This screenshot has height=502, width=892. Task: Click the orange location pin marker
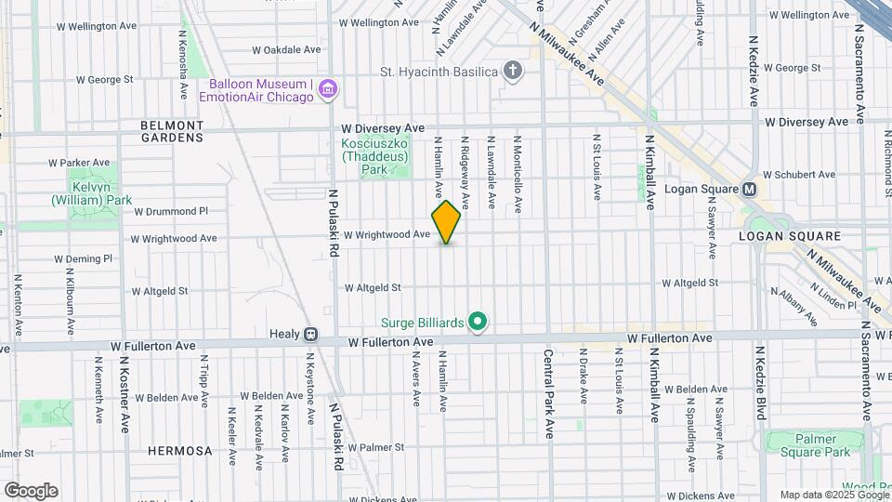(446, 221)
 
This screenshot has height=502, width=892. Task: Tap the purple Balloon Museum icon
(326, 89)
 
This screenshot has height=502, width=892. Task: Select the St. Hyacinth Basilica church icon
(512, 71)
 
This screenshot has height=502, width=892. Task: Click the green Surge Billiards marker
(478, 323)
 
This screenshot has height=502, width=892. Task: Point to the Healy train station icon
(311, 334)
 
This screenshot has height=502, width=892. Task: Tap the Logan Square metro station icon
(750, 189)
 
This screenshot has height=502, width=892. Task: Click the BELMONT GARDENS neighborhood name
(171, 130)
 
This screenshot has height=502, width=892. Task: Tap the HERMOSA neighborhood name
(179, 451)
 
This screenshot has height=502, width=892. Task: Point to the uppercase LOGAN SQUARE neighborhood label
(789, 236)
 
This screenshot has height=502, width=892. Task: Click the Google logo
(31, 491)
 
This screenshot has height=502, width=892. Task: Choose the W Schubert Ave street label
(798, 174)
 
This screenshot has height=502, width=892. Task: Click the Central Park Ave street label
(549, 394)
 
